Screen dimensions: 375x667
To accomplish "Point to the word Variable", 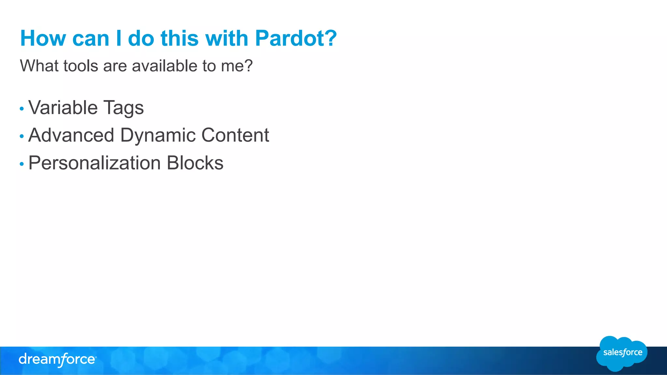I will (63, 108).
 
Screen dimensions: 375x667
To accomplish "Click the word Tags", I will (123, 108).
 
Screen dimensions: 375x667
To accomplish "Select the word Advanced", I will (71, 135).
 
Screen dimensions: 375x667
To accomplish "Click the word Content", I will (235, 135).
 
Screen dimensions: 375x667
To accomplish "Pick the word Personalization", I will (94, 163).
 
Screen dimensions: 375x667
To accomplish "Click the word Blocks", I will (195, 163).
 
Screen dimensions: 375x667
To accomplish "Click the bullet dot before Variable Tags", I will (22, 109).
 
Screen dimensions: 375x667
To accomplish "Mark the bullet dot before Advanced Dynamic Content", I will (22, 136).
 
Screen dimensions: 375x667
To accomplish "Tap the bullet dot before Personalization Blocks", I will (22, 164).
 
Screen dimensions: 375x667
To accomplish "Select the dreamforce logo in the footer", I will (57, 360).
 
